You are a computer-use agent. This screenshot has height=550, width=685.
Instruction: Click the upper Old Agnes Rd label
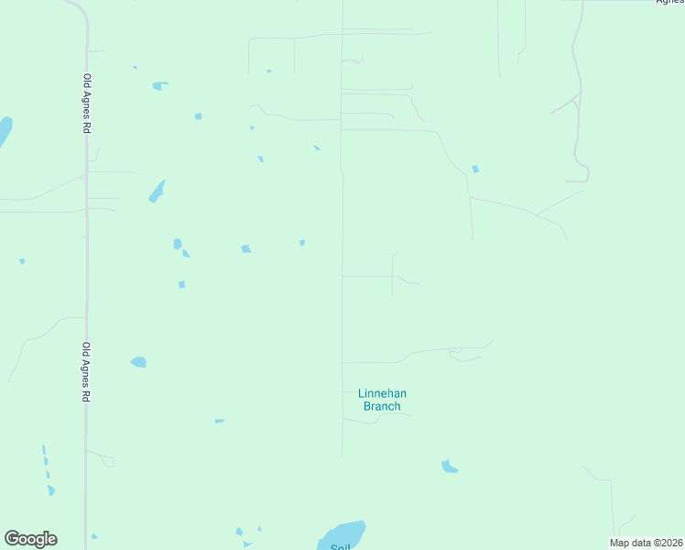click(87, 104)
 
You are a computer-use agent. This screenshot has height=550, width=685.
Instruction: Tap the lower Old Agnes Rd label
click(87, 373)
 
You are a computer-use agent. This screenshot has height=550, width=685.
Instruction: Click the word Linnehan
click(382, 394)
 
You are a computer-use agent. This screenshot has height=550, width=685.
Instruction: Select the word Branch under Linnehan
click(382, 406)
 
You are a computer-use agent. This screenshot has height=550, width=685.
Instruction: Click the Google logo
click(30, 539)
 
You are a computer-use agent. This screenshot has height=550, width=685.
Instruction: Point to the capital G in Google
click(12, 539)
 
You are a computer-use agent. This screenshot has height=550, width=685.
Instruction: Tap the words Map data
click(629, 543)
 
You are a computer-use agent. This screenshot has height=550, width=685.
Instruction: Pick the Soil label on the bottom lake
click(340, 546)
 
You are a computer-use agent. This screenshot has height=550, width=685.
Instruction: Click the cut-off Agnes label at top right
click(670, 2)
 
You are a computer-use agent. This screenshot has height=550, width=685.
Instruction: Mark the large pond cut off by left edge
click(4, 132)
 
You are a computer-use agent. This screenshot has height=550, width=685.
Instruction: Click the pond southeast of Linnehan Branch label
click(449, 467)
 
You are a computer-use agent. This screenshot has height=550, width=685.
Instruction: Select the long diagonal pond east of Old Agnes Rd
click(157, 192)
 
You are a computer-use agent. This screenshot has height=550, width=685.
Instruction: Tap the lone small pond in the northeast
click(474, 169)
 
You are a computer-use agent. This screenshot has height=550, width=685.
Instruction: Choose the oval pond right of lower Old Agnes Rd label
click(138, 362)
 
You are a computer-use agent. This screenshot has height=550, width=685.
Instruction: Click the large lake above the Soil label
click(344, 533)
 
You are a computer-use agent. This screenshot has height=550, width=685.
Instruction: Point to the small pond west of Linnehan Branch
click(219, 421)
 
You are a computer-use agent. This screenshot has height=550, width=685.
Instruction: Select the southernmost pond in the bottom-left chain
click(51, 490)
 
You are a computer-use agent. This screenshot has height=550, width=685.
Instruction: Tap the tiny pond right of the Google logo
click(94, 536)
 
